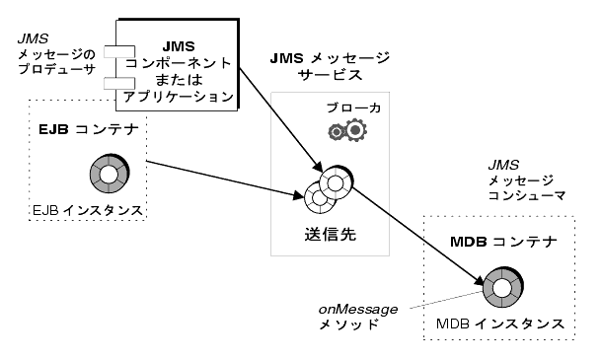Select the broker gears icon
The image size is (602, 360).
click(x=347, y=130)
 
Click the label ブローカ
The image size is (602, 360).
click(x=353, y=108)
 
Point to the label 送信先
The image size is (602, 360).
click(x=331, y=234)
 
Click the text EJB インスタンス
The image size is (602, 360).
click(x=88, y=210)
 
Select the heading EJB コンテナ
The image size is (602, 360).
click(x=88, y=130)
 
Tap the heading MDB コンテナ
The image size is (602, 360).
click(x=503, y=242)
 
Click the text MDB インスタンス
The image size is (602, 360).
click(x=500, y=324)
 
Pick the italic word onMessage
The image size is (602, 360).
click(x=358, y=309)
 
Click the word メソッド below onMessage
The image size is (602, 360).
click(x=348, y=324)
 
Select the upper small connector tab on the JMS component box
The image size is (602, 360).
click(x=119, y=52)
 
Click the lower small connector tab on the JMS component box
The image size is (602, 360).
click(x=119, y=83)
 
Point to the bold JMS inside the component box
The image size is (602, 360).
click(x=179, y=46)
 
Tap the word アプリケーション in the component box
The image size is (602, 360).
click(x=179, y=97)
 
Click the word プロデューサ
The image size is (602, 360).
click(x=56, y=69)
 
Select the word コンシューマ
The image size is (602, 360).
click(x=527, y=195)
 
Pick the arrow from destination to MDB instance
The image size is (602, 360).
click(x=417, y=236)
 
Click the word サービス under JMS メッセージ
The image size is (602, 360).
click(x=331, y=74)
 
